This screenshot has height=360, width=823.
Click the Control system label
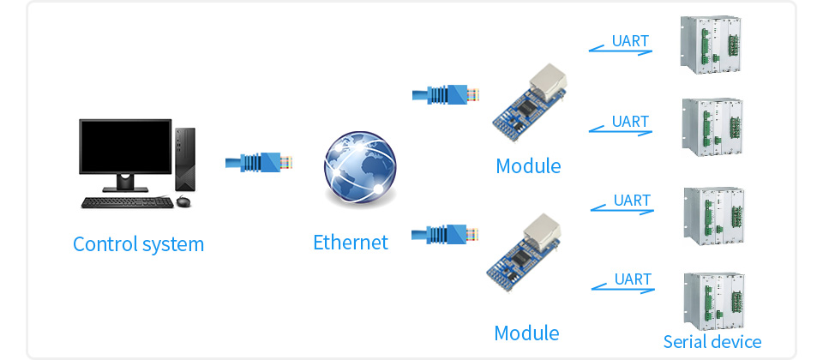coord(139,244)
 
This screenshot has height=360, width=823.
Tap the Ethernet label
coord(350,243)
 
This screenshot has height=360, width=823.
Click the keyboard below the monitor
coord(121,202)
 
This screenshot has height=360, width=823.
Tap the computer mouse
coord(183,202)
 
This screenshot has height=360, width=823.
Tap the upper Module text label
coord(528,165)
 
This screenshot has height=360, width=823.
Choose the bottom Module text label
coord(526,333)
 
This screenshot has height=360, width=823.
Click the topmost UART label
coord(630,41)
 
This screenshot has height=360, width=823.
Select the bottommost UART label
coord(633,279)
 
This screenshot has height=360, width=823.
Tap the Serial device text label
coord(712,342)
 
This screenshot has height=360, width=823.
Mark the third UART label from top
coord(632,201)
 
